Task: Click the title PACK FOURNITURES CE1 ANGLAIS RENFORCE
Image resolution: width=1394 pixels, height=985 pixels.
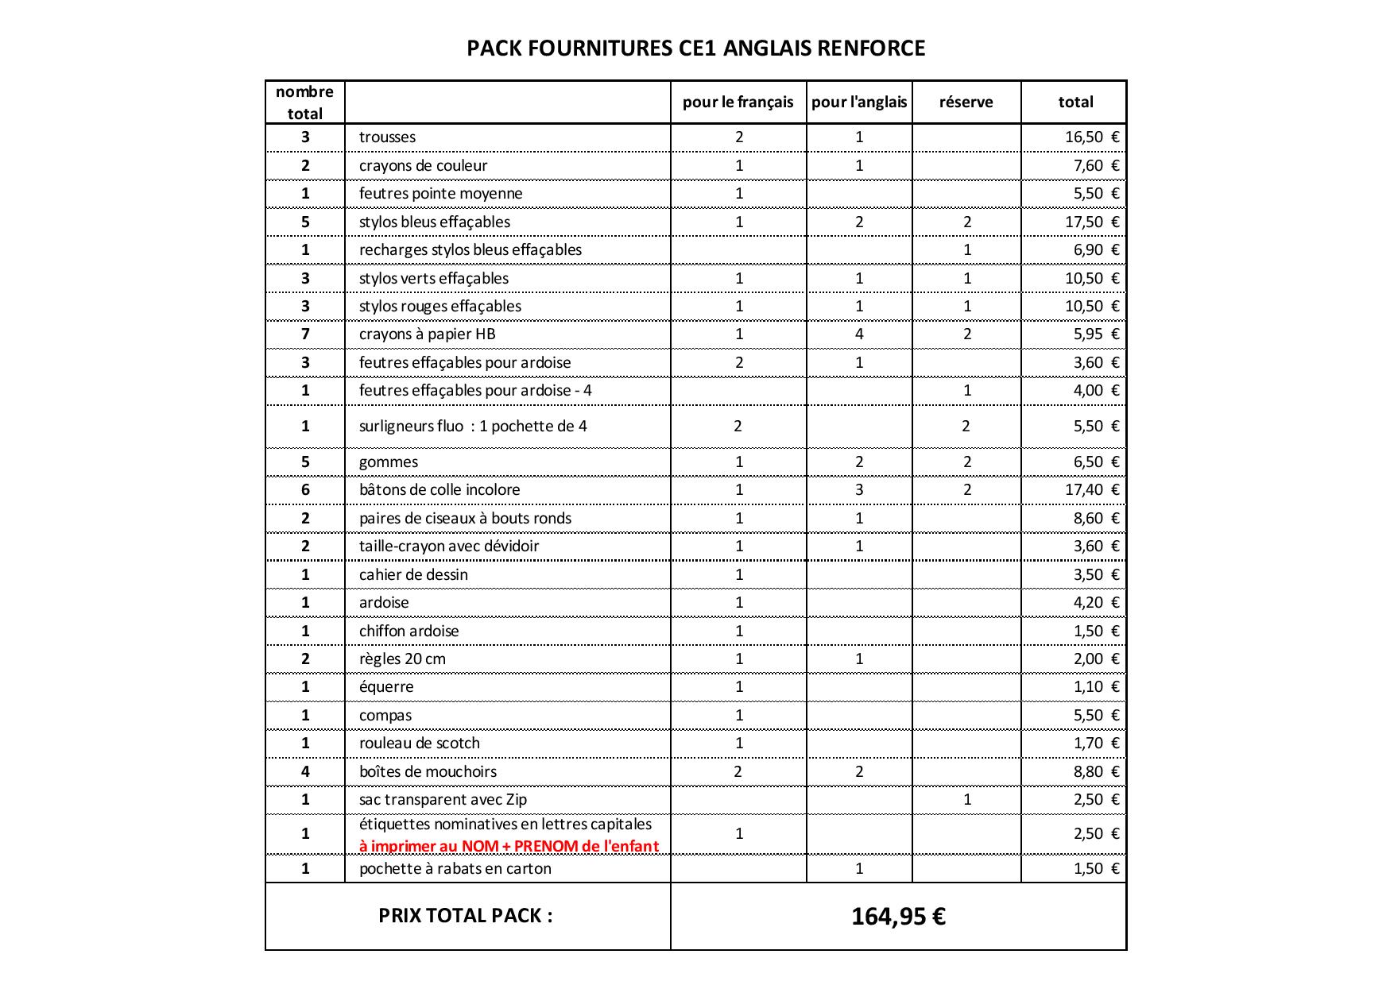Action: [x=695, y=48]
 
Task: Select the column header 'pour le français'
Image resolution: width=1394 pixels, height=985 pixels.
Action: [x=738, y=102]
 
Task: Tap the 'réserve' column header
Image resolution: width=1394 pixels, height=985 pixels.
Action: [x=966, y=102]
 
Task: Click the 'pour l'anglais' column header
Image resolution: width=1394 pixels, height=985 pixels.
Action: [x=859, y=102]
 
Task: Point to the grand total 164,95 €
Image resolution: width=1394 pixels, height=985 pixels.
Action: [x=898, y=917]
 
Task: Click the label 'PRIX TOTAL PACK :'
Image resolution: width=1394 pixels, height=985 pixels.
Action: [x=466, y=915]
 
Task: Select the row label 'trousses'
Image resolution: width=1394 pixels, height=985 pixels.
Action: [x=387, y=137]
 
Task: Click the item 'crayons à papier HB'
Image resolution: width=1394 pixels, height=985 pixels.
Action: [x=427, y=334]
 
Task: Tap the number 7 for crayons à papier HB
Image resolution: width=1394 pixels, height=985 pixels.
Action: [x=305, y=334]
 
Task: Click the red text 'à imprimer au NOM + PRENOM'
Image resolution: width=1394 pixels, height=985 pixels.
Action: [x=509, y=846]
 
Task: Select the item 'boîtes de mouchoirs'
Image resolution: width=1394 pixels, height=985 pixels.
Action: [x=428, y=771]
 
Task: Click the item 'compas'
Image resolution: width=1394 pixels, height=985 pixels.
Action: [x=385, y=715]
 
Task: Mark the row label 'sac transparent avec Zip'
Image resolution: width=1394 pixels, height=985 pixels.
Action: [x=443, y=799]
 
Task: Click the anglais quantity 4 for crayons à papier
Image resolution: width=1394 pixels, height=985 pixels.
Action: [x=859, y=334]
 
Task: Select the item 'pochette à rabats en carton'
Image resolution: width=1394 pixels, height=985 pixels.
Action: [x=455, y=868]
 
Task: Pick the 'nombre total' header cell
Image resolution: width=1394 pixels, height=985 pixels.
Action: [x=305, y=102]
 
